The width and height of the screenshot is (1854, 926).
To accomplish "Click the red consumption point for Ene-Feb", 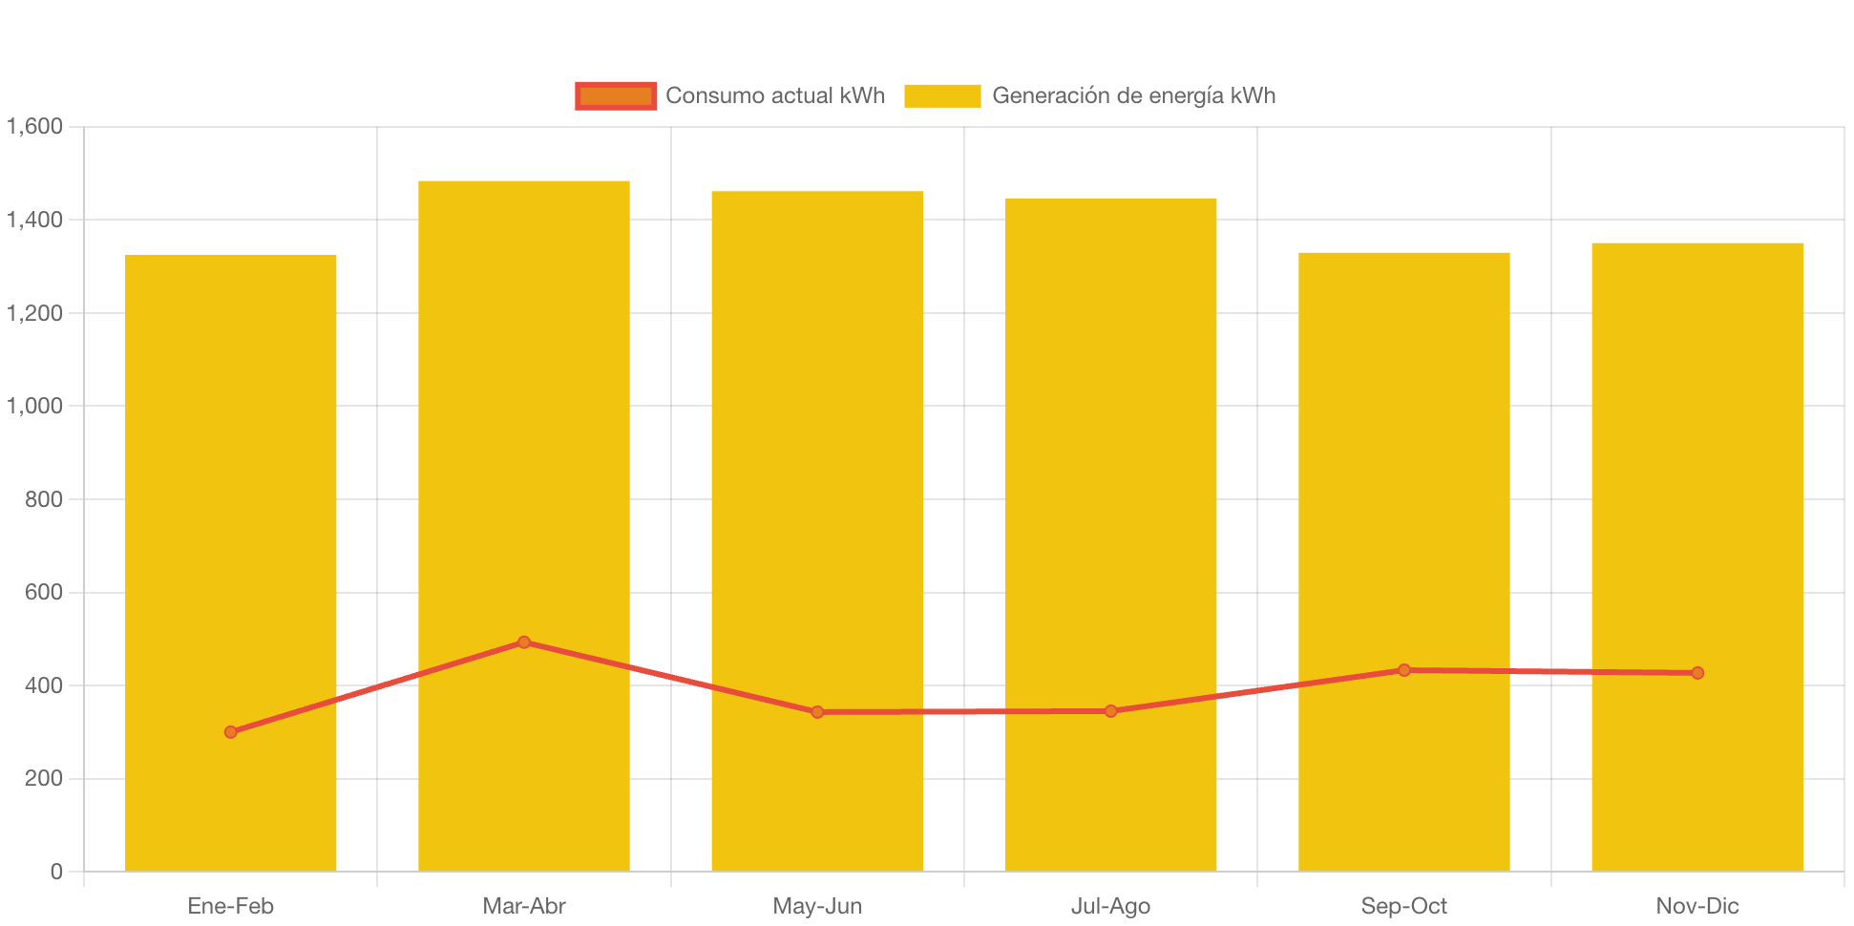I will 231,732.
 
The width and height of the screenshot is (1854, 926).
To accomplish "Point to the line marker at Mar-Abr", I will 524,642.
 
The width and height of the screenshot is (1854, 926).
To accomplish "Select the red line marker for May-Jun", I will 817,712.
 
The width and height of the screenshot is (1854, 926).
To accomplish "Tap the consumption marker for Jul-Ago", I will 1111,711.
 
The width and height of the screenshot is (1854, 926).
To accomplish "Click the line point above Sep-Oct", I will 1404,670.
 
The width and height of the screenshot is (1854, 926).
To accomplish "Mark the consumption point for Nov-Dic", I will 1697,673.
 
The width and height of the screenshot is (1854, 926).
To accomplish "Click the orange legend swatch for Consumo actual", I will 616,95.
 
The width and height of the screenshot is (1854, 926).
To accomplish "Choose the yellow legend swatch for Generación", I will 942,95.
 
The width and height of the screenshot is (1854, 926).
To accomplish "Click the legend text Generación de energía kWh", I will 1133,95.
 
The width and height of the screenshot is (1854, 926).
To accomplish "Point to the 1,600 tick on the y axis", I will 35,126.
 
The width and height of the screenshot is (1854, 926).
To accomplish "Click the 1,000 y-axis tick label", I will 35,406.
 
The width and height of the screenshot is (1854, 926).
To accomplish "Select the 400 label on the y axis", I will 44,685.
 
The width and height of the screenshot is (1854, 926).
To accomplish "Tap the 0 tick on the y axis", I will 56,872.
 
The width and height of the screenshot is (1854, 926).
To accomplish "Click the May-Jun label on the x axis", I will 817,906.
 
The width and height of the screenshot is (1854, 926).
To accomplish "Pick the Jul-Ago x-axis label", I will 1111,906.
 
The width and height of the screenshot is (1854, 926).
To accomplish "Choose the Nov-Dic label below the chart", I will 1697,906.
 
